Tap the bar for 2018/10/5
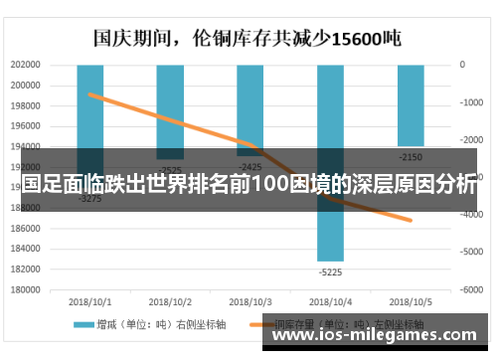[411, 104]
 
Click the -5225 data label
[330, 270]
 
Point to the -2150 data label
[411, 157]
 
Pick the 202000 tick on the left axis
[26, 65]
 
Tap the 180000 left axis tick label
[26, 289]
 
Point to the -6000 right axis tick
[471, 289]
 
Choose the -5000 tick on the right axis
[471, 253]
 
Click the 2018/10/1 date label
[90, 300]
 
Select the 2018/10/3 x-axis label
[250, 300]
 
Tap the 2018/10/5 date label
[411, 300]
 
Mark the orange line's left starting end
[89, 94]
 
